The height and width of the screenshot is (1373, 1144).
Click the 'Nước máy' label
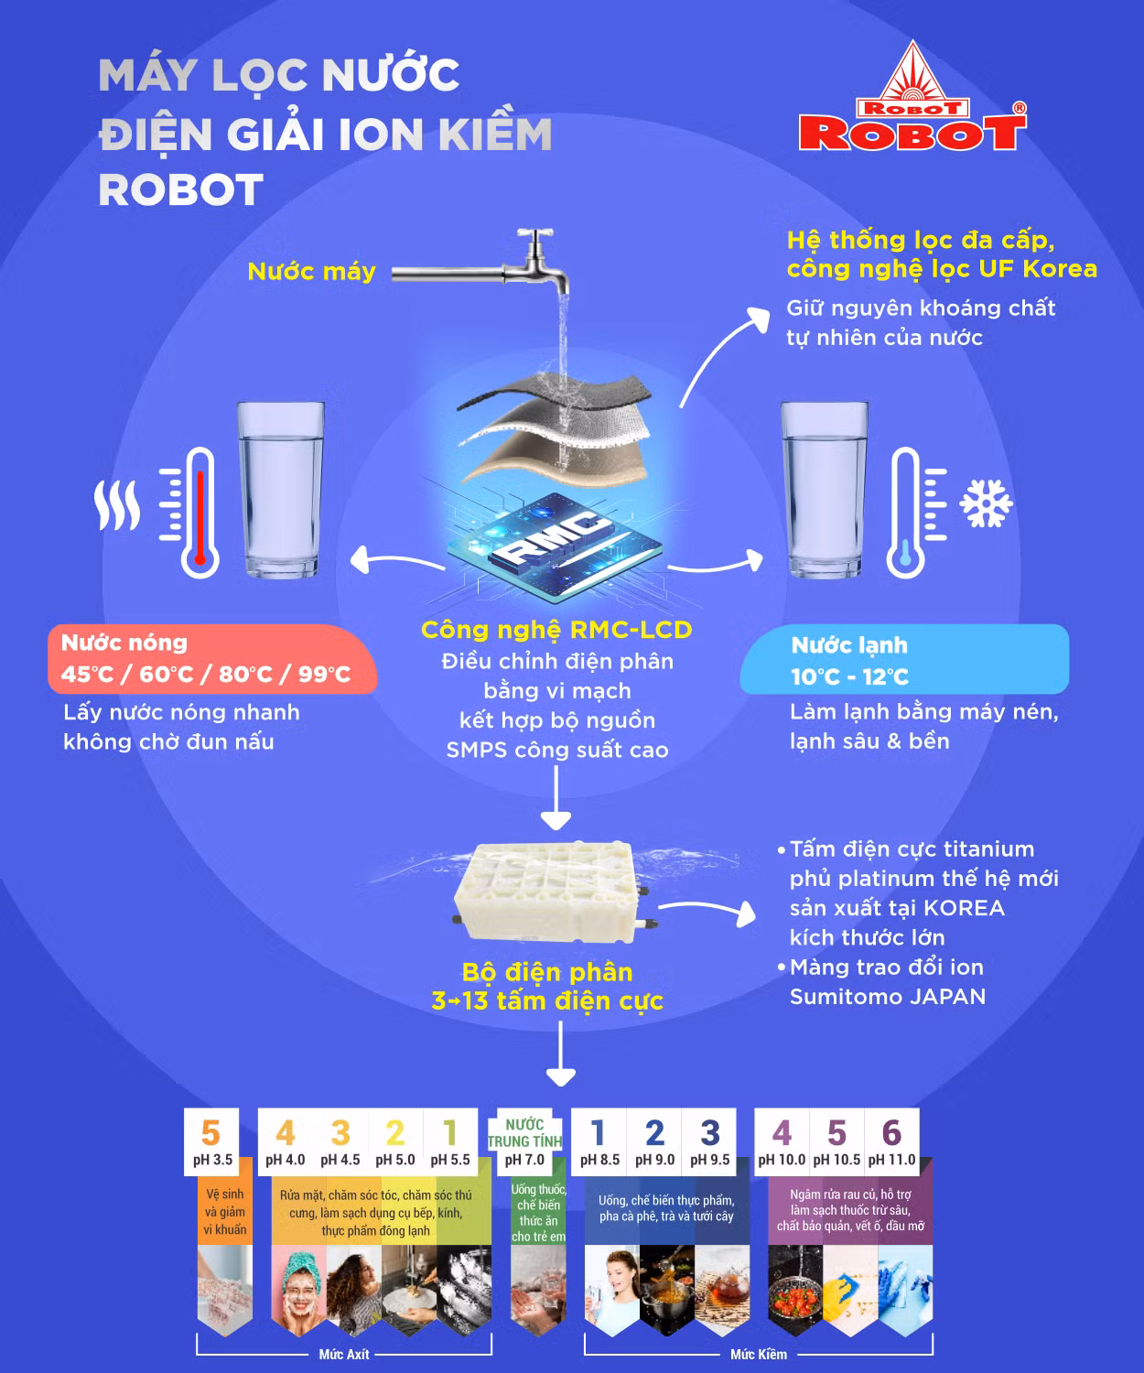click(312, 272)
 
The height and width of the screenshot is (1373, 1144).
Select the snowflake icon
click(986, 503)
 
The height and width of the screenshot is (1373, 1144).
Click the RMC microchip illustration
click(556, 546)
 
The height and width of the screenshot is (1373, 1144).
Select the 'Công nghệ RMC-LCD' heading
click(556, 630)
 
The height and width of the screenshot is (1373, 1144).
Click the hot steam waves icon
click(117, 505)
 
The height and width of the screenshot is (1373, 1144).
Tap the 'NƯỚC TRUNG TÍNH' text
click(524, 1133)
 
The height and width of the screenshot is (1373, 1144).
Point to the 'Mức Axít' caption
click(344, 1355)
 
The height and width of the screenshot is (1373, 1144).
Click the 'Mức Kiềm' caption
click(759, 1355)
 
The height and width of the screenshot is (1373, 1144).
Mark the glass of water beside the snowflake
click(824, 490)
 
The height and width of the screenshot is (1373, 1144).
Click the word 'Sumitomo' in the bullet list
click(835, 997)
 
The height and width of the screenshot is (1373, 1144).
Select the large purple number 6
click(891, 1132)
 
